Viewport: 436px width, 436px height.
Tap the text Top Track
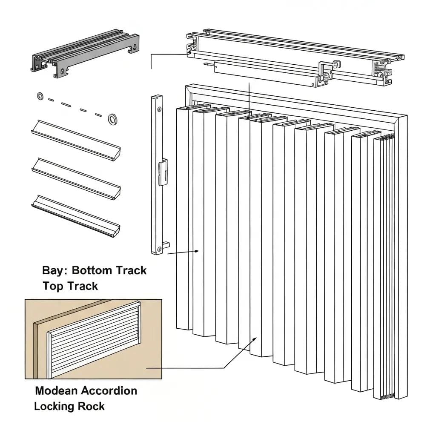70,286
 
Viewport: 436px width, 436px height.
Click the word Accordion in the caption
109,390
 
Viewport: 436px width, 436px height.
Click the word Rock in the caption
91,406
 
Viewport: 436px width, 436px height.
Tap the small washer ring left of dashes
40,96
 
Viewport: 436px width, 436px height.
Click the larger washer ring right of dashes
113,119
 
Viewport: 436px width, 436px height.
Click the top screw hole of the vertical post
159,109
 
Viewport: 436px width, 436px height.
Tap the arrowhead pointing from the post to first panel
197,251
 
